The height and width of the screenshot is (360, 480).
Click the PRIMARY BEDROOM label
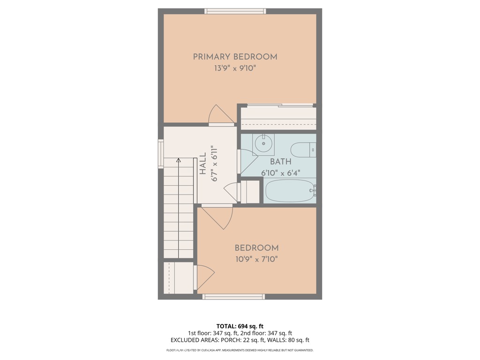pos(235,57)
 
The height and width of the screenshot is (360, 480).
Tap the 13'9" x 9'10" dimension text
pos(235,68)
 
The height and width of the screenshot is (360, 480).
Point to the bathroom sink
pos(263,143)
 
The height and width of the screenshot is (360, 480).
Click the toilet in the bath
pos(303,150)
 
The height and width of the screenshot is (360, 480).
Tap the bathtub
pos(289,191)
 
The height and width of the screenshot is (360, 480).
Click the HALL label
pos(202,164)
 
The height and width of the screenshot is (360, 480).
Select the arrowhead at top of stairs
pos(178,161)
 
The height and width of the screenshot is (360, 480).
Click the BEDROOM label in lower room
pos(256,248)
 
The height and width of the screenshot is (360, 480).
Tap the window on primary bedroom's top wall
pos(235,11)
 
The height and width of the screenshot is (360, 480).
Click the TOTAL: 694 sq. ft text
pos(240,326)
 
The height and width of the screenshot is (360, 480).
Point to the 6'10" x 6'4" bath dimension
pos(280,173)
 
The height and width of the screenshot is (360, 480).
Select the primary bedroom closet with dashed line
pos(277,118)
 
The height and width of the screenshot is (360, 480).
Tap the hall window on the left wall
pos(161,154)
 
